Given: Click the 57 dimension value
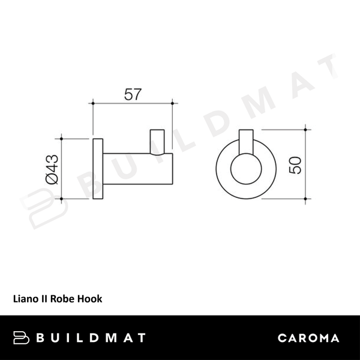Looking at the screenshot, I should click(x=133, y=94).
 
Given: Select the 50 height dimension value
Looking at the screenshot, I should click(x=295, y=163).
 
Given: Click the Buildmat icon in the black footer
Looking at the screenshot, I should click(x=22, y=338).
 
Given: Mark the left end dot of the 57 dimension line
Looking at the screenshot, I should click(x=92, y=104).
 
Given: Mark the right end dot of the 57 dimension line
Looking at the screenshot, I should click(x=173, y=104).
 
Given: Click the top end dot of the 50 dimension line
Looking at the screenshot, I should click(x=307, y=127).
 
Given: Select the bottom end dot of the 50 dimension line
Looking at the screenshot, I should click(x=307, y=198).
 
